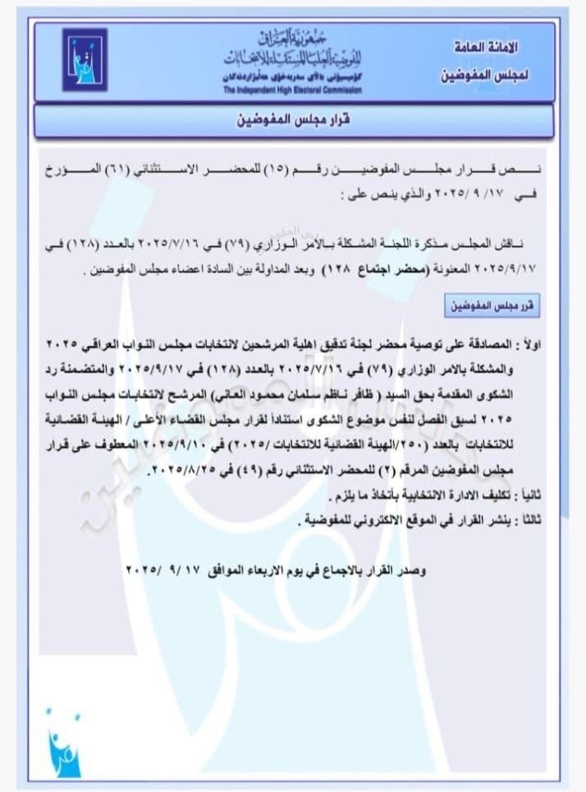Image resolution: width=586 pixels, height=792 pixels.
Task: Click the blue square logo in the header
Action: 85,59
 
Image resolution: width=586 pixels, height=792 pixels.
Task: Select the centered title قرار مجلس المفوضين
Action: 293,120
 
